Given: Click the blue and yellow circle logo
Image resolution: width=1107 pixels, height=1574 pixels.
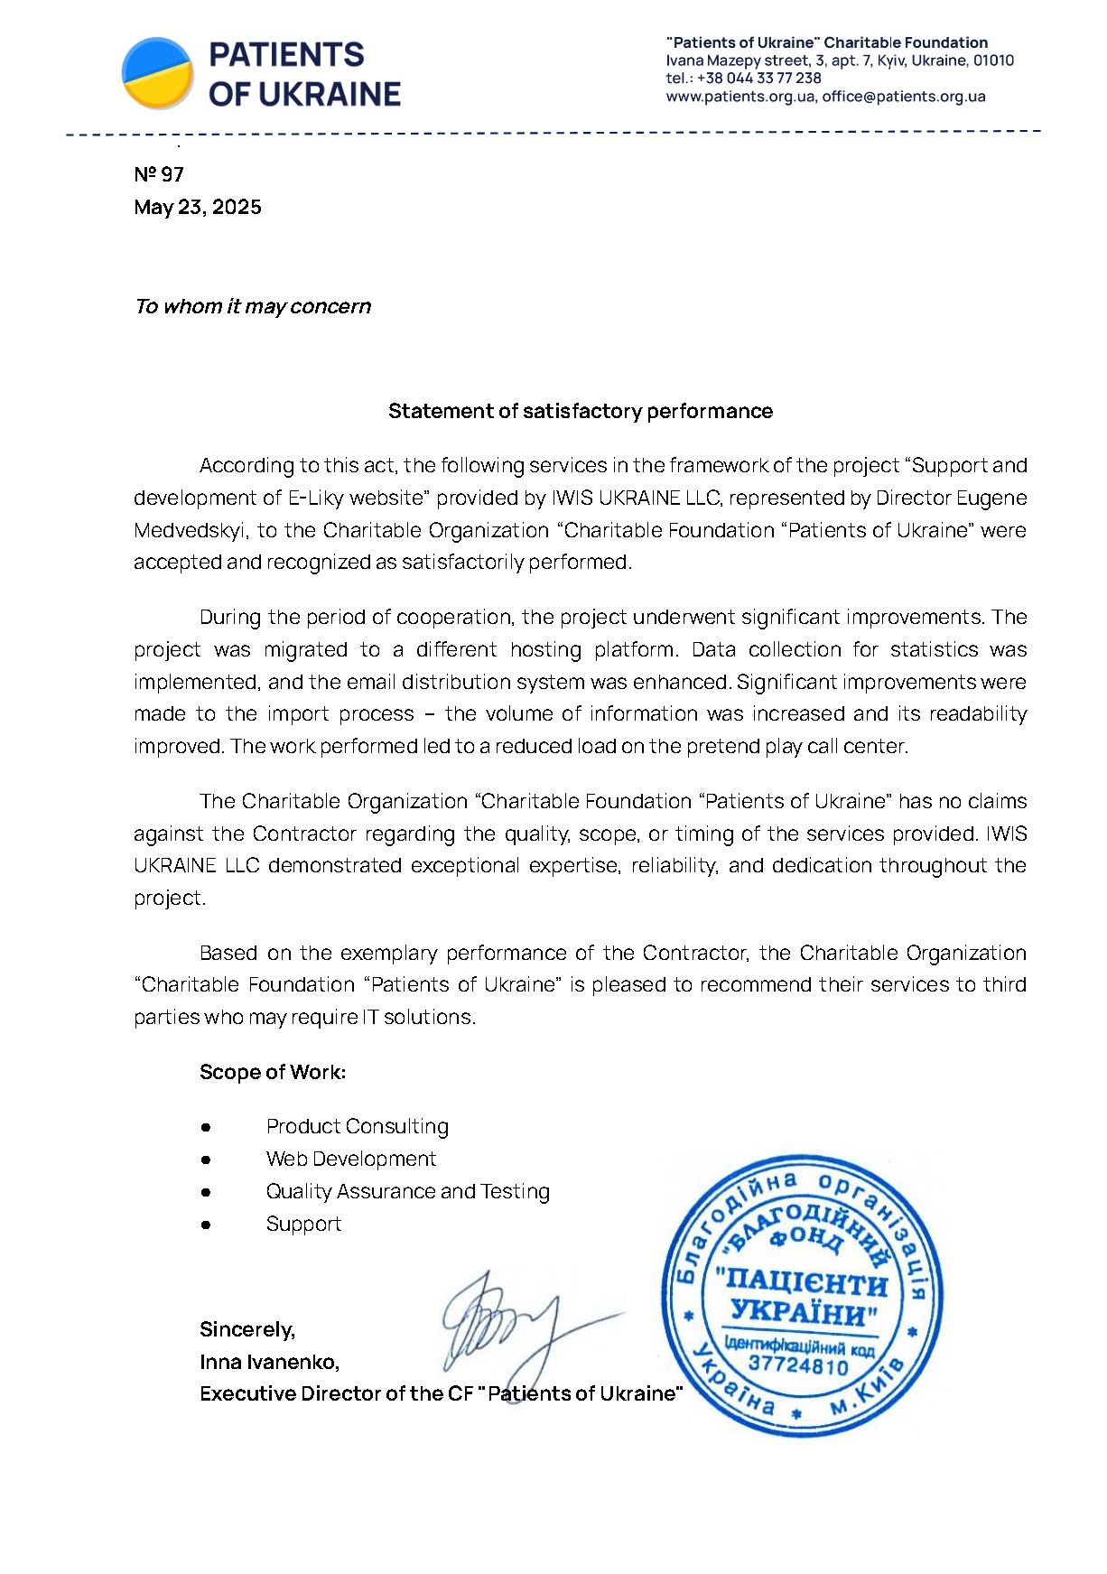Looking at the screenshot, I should point(158,73).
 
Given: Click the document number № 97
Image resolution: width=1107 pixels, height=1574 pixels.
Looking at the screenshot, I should point(159,174).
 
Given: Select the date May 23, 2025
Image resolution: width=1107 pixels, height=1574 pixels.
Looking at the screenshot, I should point(198,208).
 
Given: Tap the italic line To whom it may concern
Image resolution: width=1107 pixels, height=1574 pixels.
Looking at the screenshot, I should point(253,307).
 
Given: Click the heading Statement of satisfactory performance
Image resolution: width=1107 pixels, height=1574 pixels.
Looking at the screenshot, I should point(580,412).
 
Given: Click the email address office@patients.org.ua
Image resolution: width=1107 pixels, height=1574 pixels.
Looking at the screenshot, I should point(903,97).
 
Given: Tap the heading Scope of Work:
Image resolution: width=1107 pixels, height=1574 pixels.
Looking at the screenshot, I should point(273,1073).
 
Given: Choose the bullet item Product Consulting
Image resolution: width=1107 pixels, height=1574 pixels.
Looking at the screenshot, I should point(357,1127).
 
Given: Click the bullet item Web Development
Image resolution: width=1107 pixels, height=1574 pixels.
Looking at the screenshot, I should point(350,1160).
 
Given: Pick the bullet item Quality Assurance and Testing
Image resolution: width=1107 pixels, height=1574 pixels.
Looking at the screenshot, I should point(407,1192).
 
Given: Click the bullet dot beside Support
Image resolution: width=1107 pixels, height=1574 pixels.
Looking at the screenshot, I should point(206,1225).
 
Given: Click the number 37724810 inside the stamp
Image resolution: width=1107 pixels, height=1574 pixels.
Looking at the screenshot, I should point(799,1365).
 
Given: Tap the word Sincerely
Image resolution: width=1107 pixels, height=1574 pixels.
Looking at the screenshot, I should point(247,1330).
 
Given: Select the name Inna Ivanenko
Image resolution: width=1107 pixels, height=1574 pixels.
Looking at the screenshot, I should point(269,1363).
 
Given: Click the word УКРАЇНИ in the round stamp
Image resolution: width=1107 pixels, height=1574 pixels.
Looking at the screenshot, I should point(802,1312).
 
